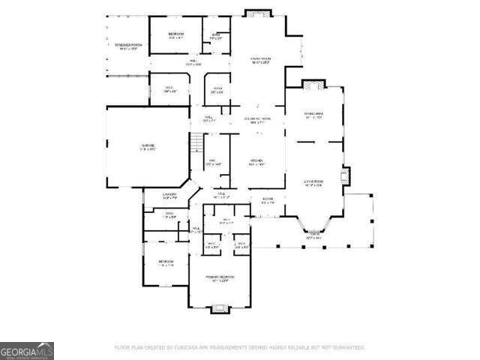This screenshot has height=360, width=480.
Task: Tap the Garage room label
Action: pos(146,146)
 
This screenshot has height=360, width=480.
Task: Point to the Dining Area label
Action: pos(313,114)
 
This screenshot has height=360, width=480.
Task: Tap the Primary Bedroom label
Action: pos(220,277)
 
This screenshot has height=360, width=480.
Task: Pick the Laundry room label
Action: pos(169,195)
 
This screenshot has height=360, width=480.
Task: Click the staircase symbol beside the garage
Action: pos(196,142)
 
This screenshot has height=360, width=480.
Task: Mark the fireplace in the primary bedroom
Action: pos(220,307)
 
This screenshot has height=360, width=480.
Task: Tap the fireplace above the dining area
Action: pos(313,85)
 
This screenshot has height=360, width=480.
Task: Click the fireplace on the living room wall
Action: pos(343,178)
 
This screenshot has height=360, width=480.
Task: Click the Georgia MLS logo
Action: pos(27,351)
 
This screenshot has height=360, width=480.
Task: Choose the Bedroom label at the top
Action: pos(176,34)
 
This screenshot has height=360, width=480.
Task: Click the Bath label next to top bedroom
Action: pos(216,34)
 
